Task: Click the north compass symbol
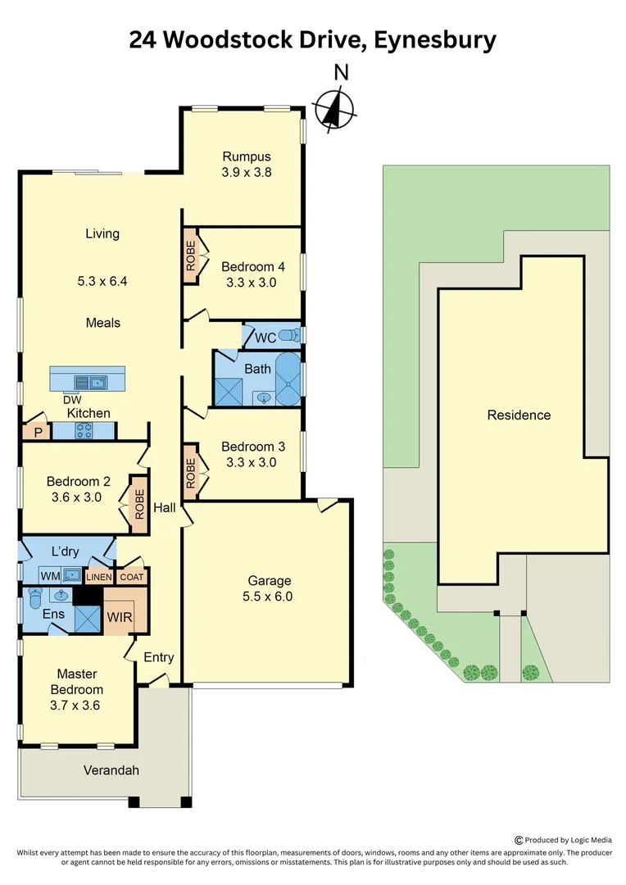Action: (x=334, y=107)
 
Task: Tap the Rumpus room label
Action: (x=247, y=157)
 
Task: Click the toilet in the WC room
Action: (x=288, y=335)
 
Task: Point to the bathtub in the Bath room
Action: (x=288, y=379)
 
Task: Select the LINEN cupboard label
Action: (x=99, y=577)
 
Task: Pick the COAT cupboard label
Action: (x=131, y=577)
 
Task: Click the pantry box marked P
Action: (x=37, y=432)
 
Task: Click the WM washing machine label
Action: (x=51, y=576)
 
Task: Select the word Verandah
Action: (x=111, y=770)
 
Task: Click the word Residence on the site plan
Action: (x=519, y=415)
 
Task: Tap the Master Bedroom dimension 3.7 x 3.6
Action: (x=77, y=705)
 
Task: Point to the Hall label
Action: (x=165, y=508)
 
